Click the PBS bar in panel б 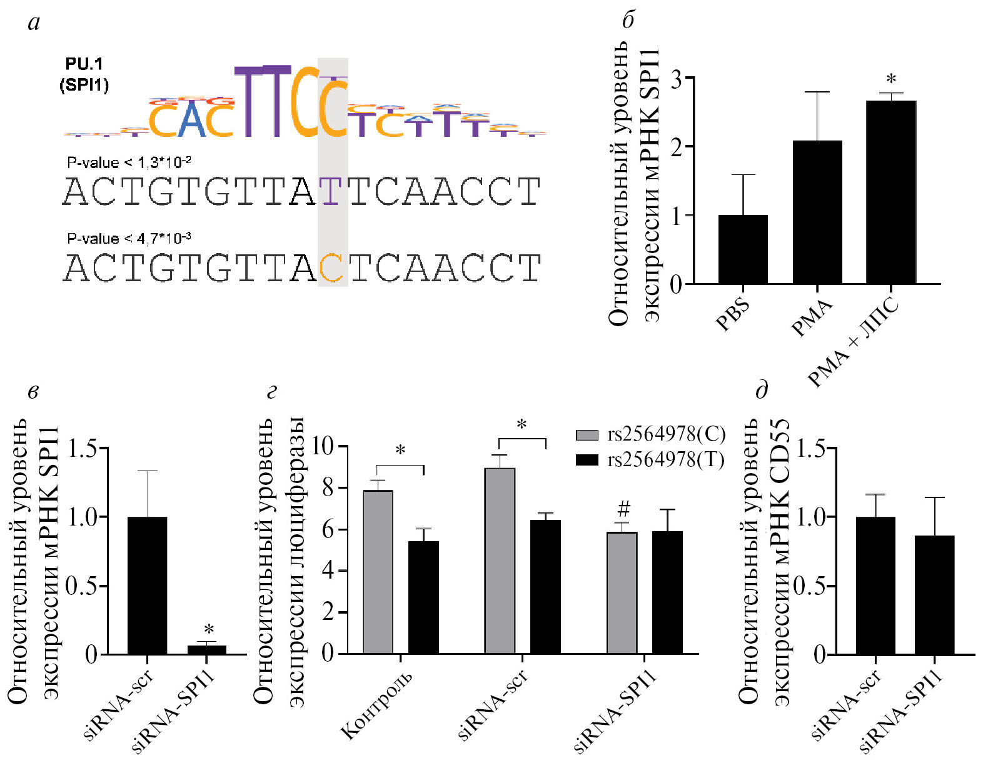(743, 249)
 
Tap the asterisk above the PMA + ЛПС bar (891, 79)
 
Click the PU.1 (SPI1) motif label (84, 74)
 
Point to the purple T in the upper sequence (331, 191)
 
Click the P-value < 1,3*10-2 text (129, 162)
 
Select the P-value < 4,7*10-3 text (129, 238)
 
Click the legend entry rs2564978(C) (650, 434)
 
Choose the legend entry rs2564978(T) (650, 460)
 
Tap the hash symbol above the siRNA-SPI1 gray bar (623, 508)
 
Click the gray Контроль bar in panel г (378, 572)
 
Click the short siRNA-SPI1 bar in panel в (207, 650)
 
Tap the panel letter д (762, 392)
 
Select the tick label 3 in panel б (676, 79)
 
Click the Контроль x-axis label (376, 705)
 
